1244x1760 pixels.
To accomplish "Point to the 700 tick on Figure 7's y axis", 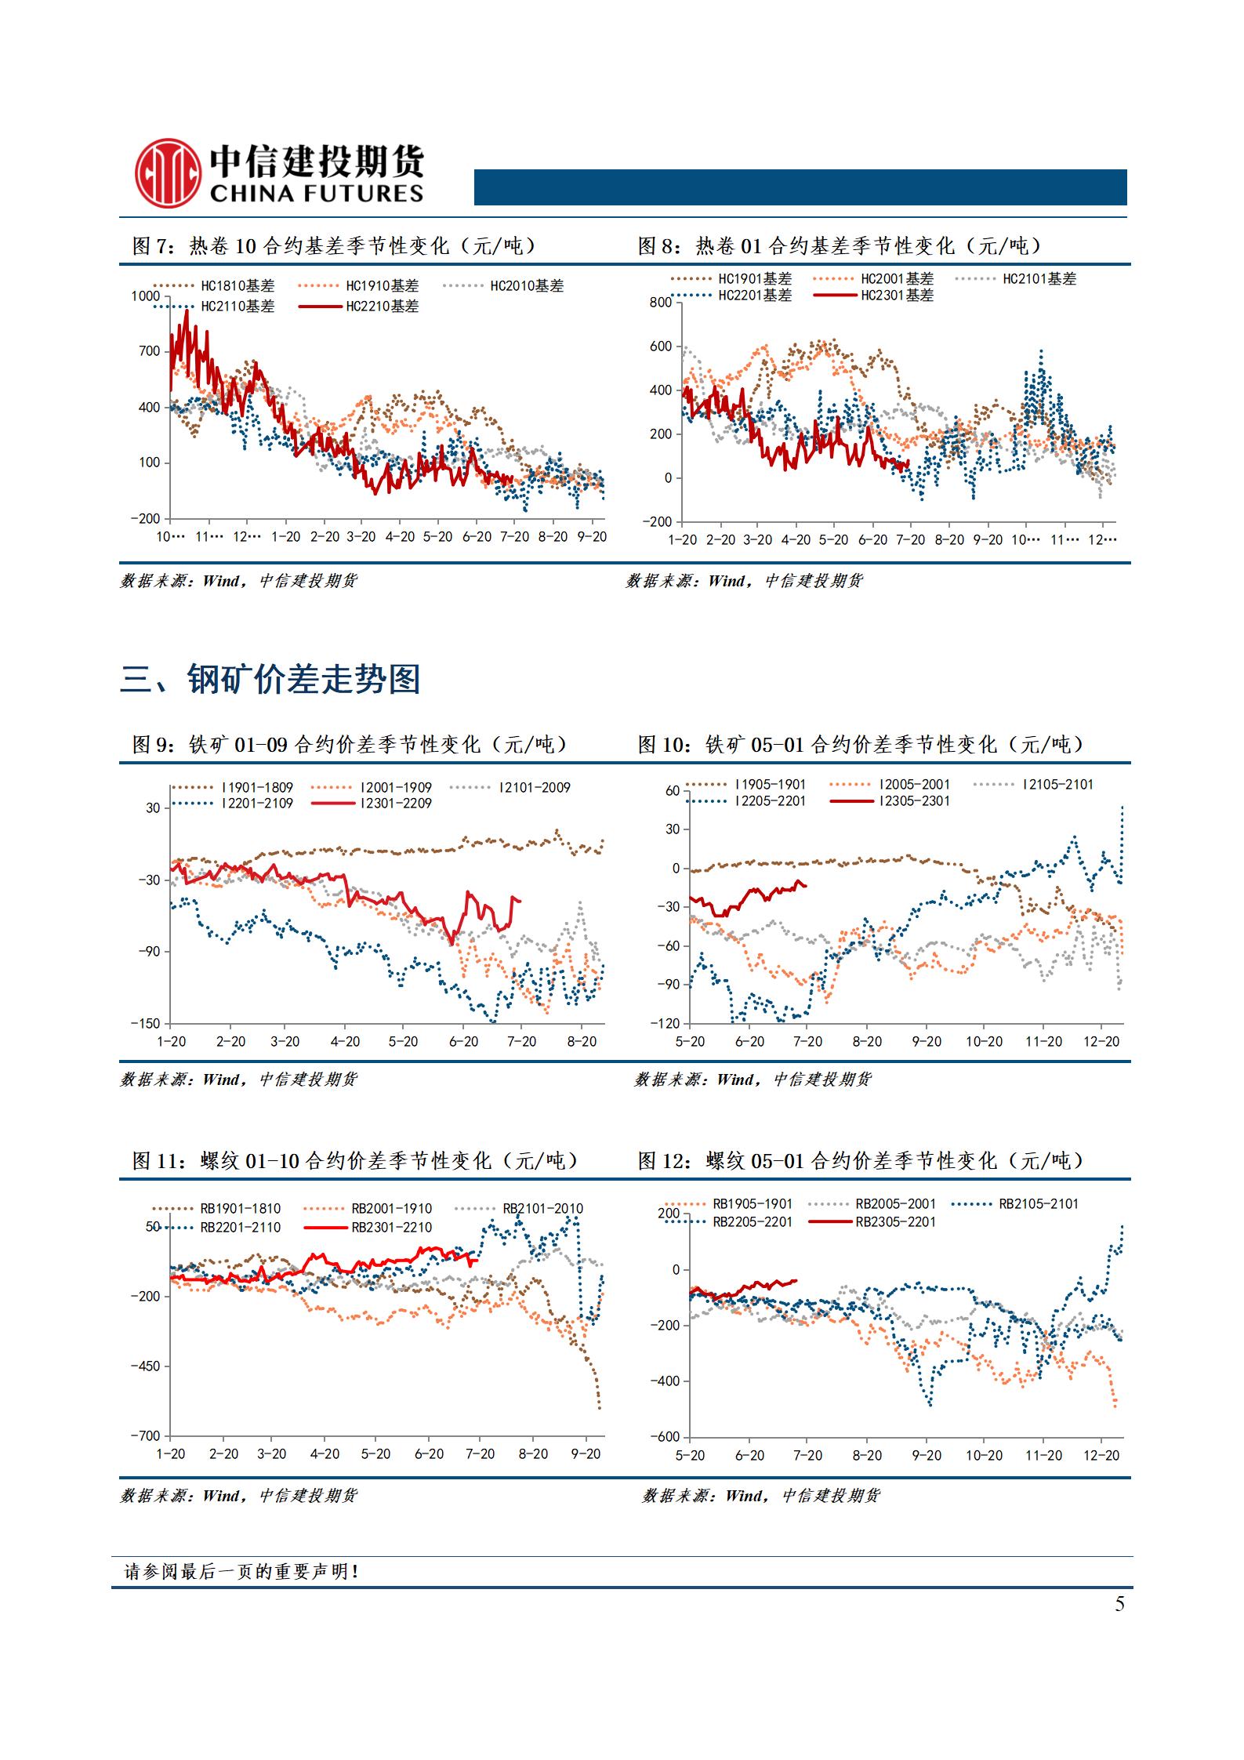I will pyautogui.click(x=149, y=351).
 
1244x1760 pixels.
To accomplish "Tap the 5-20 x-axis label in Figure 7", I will pyautogui.click(x=437, y=537).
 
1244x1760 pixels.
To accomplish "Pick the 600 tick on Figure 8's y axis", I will pyautogui.click(x=661, y=347).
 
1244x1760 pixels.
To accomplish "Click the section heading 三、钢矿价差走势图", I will pyautogui.click(x=270, y=679).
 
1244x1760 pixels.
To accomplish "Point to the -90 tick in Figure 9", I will pyautogui.click(x=149, y=952).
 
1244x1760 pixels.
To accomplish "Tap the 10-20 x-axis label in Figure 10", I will pyautogui.click(x=984, y=1042).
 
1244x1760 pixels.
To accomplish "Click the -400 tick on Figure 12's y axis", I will pyautogui.click(x=665, y=1381).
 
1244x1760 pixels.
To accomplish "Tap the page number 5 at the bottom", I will pyautogui.click(x=1119, y=1604).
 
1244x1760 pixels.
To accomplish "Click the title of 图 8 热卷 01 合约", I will pyautogui.click(x=840, y=246).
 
